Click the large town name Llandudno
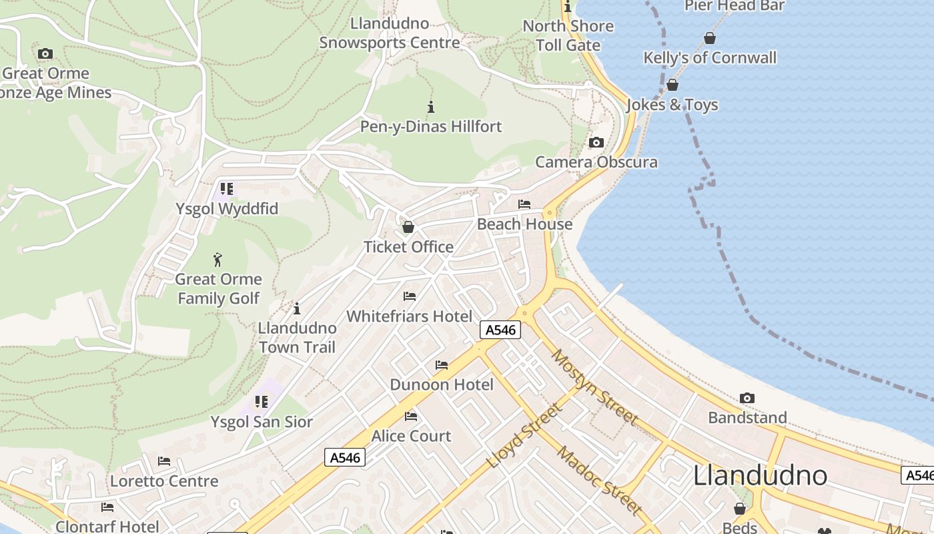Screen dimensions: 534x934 (760, 475)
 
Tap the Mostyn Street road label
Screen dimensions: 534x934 (595, 387)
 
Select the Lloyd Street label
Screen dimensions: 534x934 (524, 437)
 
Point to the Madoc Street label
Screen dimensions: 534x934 (600, 481)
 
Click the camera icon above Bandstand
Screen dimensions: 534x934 (747, 398)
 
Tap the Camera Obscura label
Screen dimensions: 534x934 (596, 162)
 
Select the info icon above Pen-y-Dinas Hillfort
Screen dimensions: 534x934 (431, 107)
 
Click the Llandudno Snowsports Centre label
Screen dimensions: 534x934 (390, 33)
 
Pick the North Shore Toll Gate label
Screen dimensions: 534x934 (568, 35)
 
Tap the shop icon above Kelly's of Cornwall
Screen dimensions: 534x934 (710, 39)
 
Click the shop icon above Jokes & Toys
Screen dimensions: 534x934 (672, 85)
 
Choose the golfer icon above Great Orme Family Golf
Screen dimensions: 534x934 (217, 260)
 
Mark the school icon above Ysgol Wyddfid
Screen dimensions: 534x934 (227, 190)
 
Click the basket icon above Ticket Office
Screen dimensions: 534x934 (408, 228)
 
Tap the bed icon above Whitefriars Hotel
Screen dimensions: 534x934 (410, 296)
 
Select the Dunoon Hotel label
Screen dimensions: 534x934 (442, 384)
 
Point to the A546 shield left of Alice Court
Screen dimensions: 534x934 (345, 457)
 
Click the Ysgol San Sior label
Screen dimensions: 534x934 (262, 422)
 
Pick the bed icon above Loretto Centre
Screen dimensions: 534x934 (164, 461)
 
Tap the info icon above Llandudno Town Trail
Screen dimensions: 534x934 (297, 309)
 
